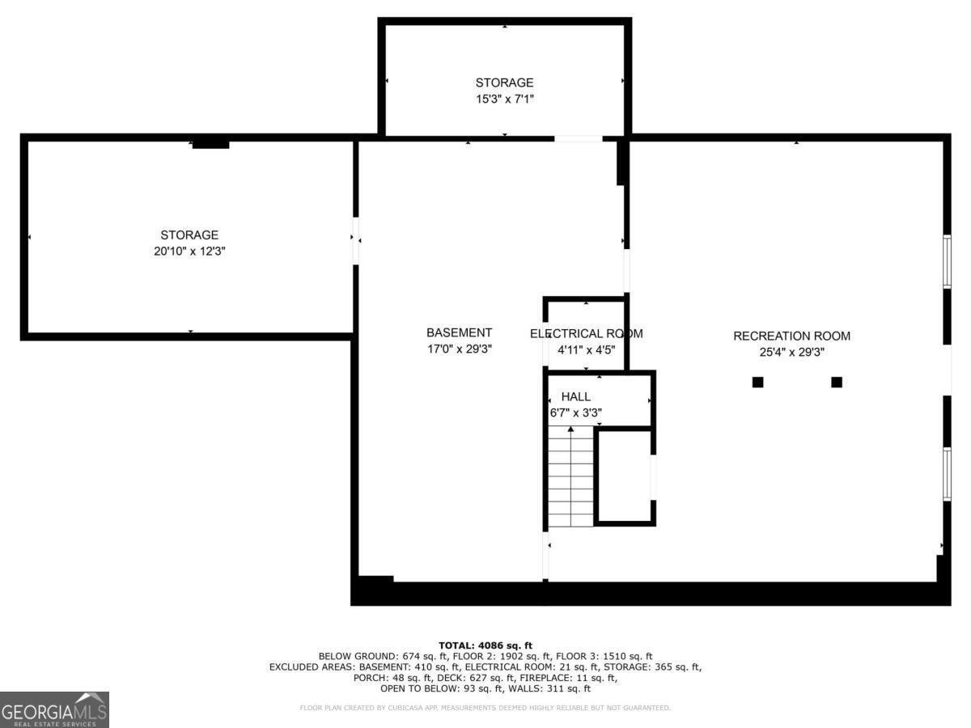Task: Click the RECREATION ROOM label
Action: (x=791, y=336)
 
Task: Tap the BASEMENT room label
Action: (x=459, y=332)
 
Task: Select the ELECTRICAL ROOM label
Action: (x=586, y=334)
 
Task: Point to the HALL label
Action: (x=575, y=396)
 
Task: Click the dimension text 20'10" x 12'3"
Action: (x=189, y=251)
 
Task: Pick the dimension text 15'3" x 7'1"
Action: (x=504, y=99)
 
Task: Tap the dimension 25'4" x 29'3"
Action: (x=791, y=353)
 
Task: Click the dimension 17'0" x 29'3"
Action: (x=459, y=349)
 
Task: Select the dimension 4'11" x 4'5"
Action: (x=586, y=350)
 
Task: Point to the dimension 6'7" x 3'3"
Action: (x=575, y=413)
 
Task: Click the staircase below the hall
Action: (x=570, y=476)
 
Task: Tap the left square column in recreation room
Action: (x=757, y=382)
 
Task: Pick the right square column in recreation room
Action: (x=836, y=382)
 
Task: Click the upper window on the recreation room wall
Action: (x=947, y=261)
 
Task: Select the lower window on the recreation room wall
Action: (x=947, y=474)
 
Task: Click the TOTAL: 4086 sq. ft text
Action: (x=485, y=645)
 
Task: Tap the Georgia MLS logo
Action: (x=54, y=709)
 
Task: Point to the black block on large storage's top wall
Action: (x=210, y=144)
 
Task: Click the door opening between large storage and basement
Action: (x=355, y=241)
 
